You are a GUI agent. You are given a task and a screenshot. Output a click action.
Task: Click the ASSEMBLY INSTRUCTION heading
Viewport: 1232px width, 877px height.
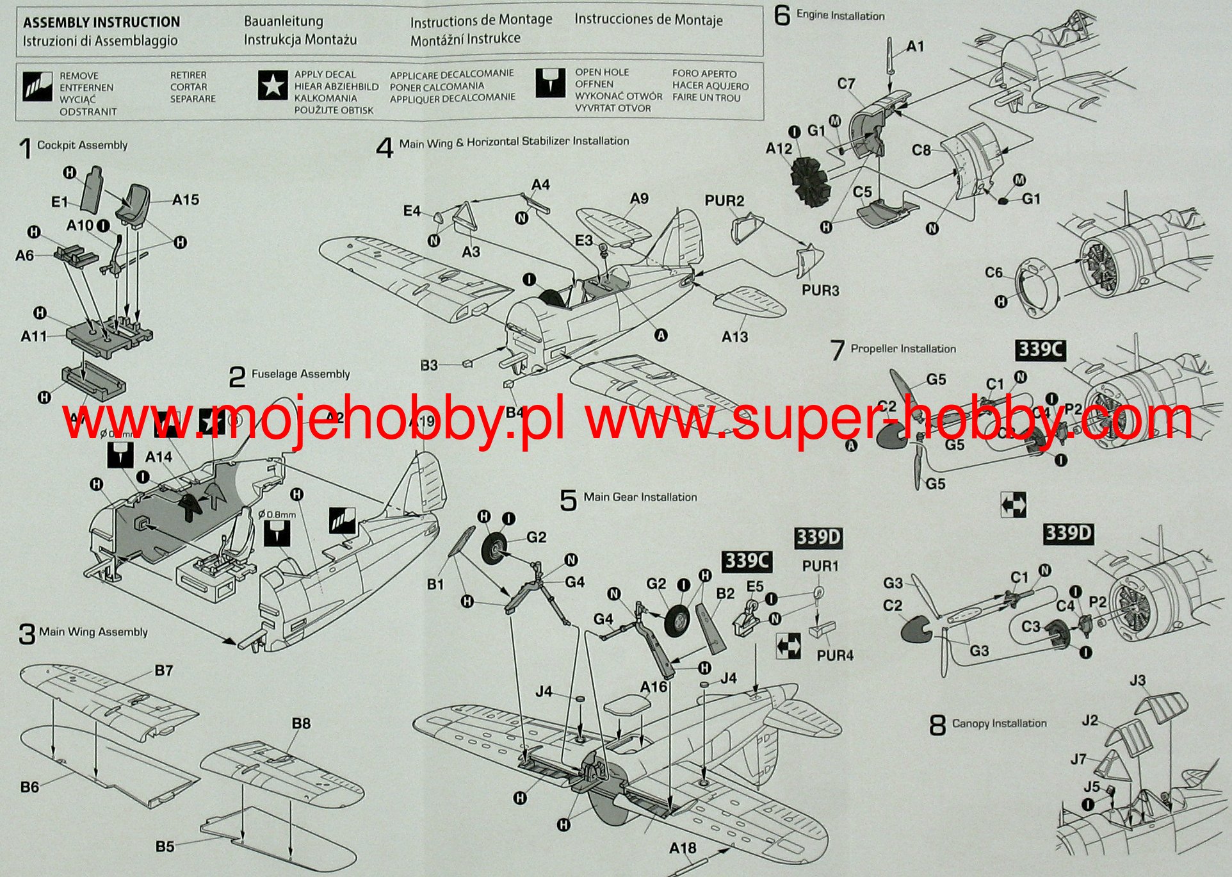coord(101,22)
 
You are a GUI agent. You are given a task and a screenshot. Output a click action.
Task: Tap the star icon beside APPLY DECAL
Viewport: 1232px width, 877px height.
coord(272,85)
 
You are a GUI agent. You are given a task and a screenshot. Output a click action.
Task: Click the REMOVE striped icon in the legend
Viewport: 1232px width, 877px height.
coord(37,86)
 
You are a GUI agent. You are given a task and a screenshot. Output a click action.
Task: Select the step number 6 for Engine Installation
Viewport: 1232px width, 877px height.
coord(782,15)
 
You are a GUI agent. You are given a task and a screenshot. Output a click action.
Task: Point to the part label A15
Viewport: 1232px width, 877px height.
coord(185,200)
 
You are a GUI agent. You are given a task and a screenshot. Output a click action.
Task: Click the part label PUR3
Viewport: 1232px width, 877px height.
coord(820,290)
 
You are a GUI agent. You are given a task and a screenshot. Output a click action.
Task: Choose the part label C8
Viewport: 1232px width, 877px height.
coord(921,150)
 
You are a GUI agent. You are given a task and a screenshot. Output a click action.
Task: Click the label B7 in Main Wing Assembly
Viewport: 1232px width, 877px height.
coord(163,670)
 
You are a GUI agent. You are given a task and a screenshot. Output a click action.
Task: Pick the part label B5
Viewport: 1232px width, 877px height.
coord(165,846)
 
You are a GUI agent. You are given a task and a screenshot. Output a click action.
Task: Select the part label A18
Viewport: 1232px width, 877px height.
coord(682,848)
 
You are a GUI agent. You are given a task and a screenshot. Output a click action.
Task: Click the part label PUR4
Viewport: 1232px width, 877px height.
coord(835,655)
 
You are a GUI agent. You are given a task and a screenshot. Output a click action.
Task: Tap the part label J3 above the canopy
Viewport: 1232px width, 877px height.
coord(1137,680)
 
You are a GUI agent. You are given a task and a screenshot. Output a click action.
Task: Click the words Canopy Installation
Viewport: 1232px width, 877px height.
coord(999,723)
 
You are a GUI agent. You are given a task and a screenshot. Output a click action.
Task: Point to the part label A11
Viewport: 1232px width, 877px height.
coord(33,336)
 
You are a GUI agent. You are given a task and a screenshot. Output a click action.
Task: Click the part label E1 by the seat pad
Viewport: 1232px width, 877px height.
coord(59,202)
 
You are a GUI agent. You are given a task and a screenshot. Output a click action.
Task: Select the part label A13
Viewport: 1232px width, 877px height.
coord(734,336)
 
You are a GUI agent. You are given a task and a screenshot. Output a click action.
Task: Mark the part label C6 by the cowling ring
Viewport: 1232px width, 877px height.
coord(993,273)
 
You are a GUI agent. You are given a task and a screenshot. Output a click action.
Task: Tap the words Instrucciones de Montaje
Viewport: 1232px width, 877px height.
coord(648,20)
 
